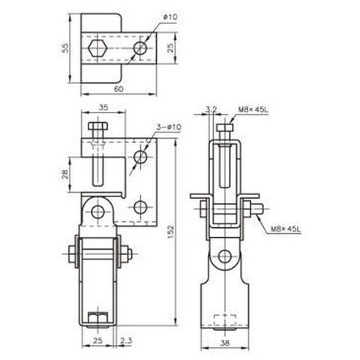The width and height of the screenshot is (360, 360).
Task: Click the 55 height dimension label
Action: click(65, 48)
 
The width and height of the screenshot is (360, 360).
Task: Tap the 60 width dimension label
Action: click(118, 89)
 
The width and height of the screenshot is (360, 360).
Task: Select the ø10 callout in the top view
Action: click(170, 17)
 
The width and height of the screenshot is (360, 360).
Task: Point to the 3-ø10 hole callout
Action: click(169, 127)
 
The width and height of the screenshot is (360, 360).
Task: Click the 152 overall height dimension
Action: click(170, 232)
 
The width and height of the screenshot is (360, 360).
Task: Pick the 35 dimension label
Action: click(103, 107)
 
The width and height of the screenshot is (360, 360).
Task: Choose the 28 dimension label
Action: click(65, 174)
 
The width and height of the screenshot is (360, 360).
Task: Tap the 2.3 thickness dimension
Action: click(126, 340)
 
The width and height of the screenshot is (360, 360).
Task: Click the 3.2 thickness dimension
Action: click(211, 109)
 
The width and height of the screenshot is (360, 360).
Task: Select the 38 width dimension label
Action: click(225, 343)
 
